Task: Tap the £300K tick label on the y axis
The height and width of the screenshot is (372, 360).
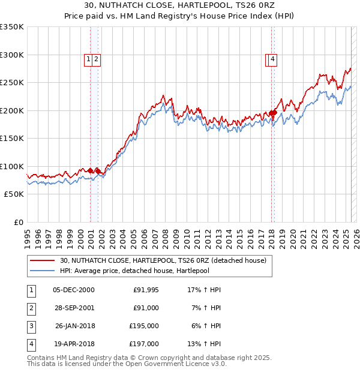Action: [12, 55]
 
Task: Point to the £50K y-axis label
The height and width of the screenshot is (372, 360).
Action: [14, 194]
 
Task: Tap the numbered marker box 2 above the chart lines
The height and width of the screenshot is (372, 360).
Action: [95, 59]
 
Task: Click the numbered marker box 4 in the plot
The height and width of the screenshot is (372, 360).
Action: [272, 59]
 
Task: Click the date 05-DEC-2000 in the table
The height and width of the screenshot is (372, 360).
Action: [73, 290]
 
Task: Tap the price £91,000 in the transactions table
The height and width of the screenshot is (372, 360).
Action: [146, 308]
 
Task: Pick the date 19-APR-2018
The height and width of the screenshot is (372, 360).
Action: [73, 344]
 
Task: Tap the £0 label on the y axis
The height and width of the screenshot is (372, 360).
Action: [17, 223]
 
